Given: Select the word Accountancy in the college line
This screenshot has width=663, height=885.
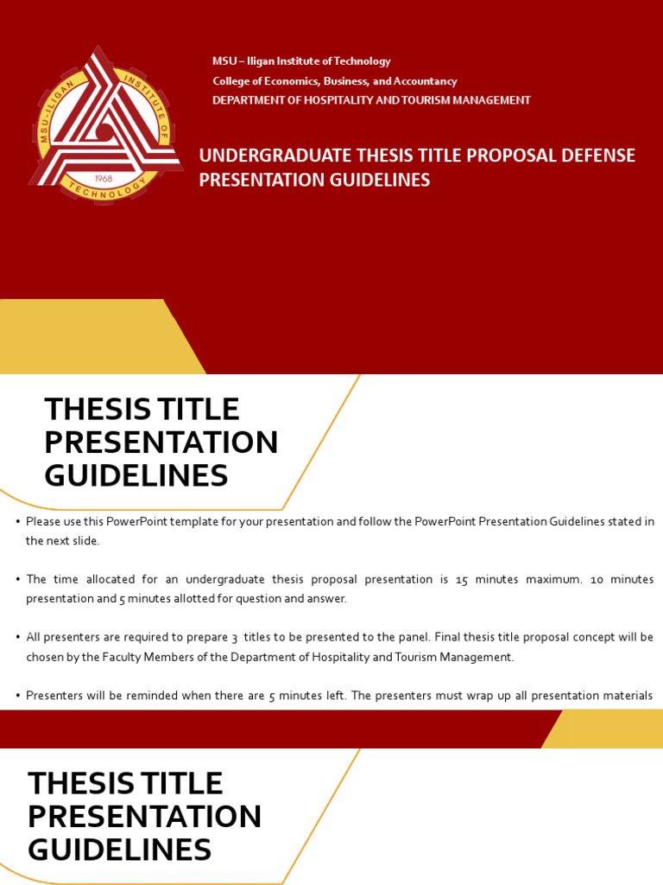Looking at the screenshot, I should (x=425, y=81).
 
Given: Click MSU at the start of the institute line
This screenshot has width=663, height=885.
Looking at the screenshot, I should (x=224, y=61).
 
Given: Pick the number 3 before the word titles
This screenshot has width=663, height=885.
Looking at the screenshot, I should (x=234, y=638).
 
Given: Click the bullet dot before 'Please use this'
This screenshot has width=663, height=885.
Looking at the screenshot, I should (x=17, y=521).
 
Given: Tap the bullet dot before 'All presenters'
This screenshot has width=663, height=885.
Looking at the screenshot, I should (x=17, y=638).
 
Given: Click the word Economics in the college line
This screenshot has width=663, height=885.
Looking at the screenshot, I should (x=284, y=81).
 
